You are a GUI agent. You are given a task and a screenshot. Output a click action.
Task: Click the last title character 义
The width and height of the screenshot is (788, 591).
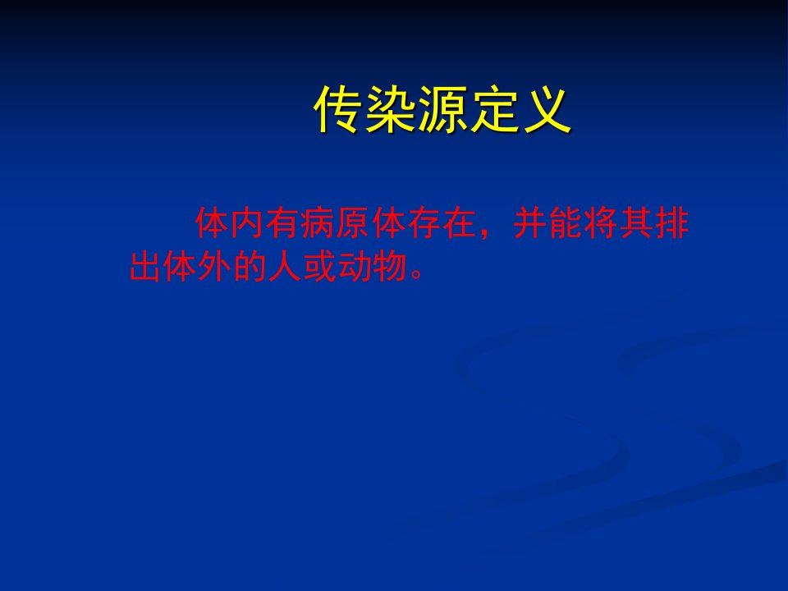(x=547, y=109)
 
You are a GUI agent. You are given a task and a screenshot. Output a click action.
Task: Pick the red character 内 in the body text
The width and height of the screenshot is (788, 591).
(x=248, y=222)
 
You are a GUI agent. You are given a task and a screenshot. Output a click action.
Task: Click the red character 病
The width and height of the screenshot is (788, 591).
(x=318, y=222)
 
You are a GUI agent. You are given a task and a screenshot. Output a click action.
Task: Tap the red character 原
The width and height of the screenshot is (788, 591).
(x=354, y=222)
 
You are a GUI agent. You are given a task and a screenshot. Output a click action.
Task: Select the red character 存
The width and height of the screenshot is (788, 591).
(x=424, y=222)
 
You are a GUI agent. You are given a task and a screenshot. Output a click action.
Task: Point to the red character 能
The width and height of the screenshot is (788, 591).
(x=566, y=222)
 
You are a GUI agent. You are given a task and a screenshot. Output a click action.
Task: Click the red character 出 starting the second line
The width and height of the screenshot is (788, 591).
(x=146, y=265)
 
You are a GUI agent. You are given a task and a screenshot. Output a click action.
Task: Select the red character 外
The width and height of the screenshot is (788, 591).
(x=217, y=265)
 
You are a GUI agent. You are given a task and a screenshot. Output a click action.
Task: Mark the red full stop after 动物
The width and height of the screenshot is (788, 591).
(x=417, y=275)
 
